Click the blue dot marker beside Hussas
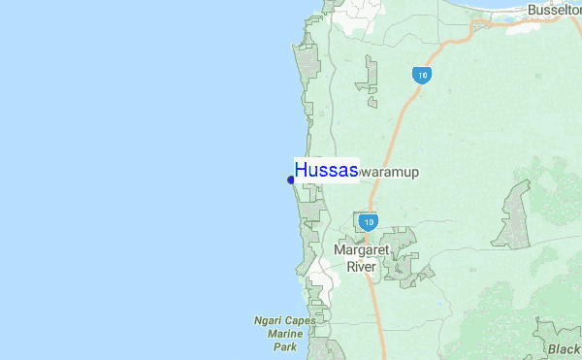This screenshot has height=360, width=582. point(291,180)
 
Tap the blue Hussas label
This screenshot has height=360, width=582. point(326,170)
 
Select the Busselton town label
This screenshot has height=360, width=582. point(554,10)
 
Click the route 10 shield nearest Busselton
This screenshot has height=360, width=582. point(420,75)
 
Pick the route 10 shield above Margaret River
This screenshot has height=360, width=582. point(367,222)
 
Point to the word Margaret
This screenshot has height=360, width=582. point(365,249)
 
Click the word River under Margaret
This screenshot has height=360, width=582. point(362,266)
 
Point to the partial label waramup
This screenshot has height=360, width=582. point(389,172)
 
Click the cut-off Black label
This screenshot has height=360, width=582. point(563,350)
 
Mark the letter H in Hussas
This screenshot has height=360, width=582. point(302,170)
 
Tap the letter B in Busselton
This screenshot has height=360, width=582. point(533,10)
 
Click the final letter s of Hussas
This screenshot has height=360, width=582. point(352,171)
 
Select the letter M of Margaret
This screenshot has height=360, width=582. point(339,249)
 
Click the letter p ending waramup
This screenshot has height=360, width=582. point(413,173)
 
